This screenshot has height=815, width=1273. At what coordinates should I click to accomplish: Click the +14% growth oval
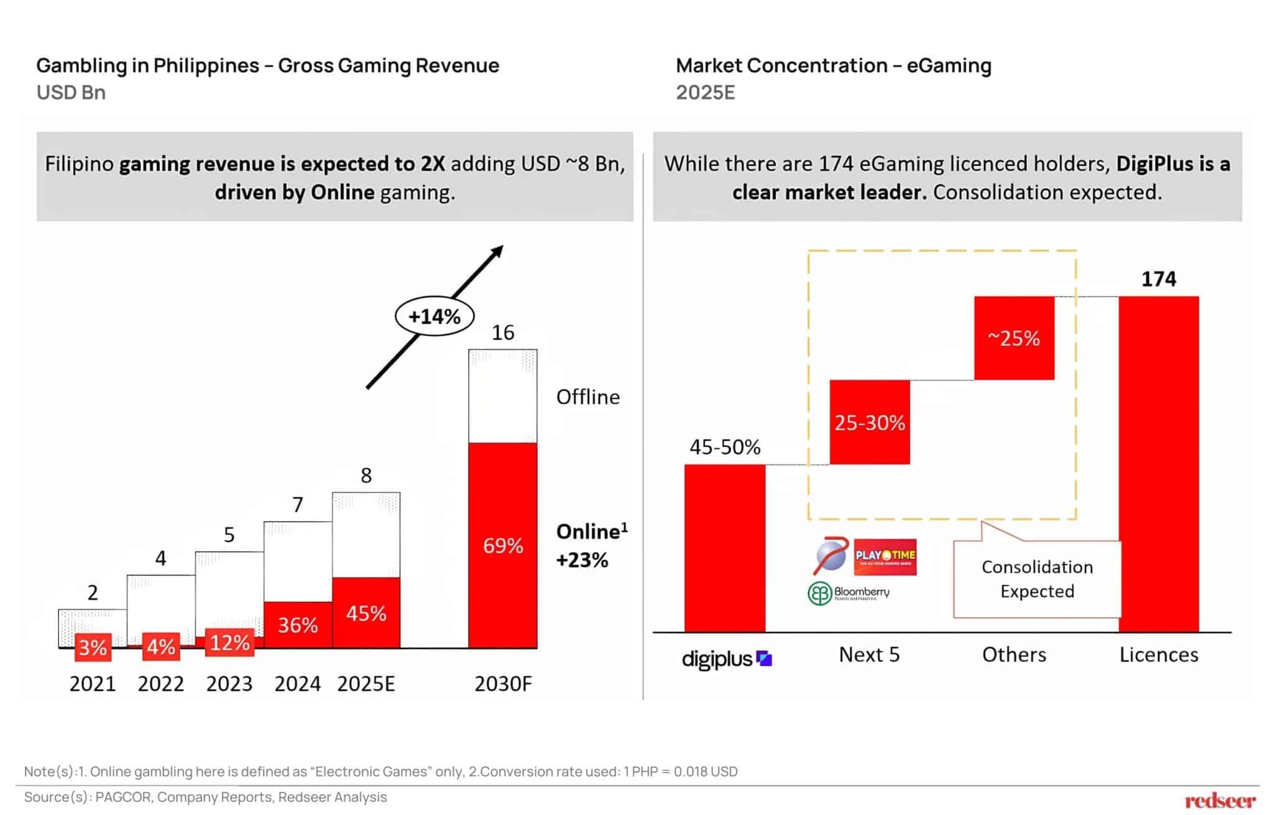click(434, 316)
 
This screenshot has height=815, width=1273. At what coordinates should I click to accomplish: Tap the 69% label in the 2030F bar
click(503, 546)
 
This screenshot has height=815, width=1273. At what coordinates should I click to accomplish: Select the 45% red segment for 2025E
click(366, 613)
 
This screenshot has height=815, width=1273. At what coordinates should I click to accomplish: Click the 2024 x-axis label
click(297, 684)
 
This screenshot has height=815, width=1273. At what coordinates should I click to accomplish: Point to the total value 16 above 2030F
click(503, 333)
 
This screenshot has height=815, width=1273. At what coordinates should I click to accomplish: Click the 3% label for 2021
click(93, 648)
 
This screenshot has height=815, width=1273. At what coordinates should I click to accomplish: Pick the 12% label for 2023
click(229, 643)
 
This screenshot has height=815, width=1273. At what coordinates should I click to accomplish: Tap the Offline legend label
click(587, 397)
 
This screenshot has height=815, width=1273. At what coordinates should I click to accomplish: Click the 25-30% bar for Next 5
click(870, 423)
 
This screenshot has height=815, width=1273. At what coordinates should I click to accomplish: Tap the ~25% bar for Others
click(1014, 338)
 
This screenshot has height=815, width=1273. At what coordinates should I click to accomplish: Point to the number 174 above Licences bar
click(1159, 279)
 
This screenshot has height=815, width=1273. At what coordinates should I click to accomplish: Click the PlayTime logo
click(885, 556)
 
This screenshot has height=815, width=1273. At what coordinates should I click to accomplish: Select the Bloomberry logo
click(849, 593)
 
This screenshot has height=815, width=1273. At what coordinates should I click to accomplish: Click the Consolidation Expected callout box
click(1037, 579)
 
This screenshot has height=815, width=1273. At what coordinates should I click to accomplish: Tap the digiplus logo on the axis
click(726, 659)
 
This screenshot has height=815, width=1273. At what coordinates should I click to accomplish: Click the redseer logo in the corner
click(1220, 800)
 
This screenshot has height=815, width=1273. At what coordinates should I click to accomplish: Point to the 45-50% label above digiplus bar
click(725, 447)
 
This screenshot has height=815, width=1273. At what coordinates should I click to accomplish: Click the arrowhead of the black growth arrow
click(497, 251)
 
